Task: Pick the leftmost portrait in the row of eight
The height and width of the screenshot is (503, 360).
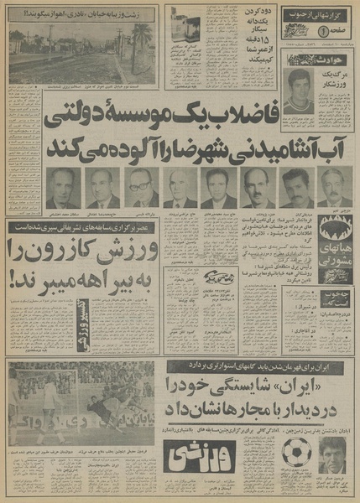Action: [60, 188]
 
